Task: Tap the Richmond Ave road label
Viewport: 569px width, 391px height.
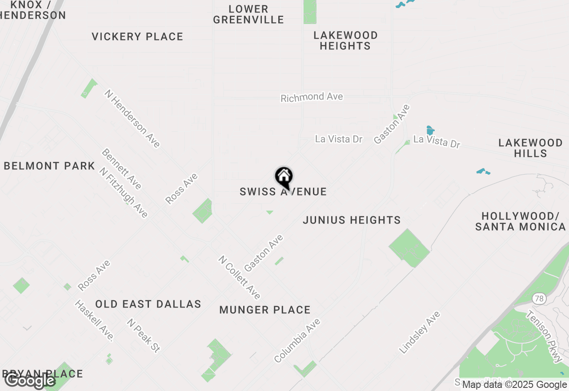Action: point(312,97)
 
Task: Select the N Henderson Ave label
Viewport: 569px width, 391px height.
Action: point(132,118)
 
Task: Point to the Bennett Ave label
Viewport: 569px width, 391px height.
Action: point(121,168)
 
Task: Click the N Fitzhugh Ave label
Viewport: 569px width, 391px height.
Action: point(123,192)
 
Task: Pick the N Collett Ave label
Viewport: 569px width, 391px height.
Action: point(239,277)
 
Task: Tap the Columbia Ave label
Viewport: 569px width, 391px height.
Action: point(297,340)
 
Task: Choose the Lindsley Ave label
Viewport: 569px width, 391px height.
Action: point(419,332)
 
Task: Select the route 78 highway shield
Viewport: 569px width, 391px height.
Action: point(539,299)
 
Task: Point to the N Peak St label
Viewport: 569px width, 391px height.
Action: point(143,335)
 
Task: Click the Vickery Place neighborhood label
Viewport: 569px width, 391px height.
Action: point(137,36)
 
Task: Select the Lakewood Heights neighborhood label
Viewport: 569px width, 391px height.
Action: point(345,40)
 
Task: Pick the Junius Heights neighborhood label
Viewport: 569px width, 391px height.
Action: point(352,220)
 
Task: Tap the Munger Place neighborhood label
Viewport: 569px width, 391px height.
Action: point(265,310)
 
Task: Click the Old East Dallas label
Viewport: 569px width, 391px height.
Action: point(148,304)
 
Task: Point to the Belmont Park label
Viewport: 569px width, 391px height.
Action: point(49,166)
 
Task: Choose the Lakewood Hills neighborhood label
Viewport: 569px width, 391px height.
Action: point(530,148)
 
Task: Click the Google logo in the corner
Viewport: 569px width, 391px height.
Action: point(30,380)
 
